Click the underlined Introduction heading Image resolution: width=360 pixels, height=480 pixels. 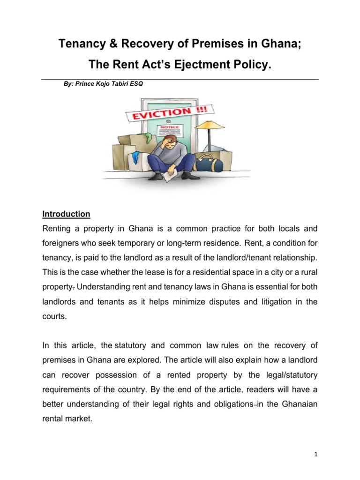[66, 214]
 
